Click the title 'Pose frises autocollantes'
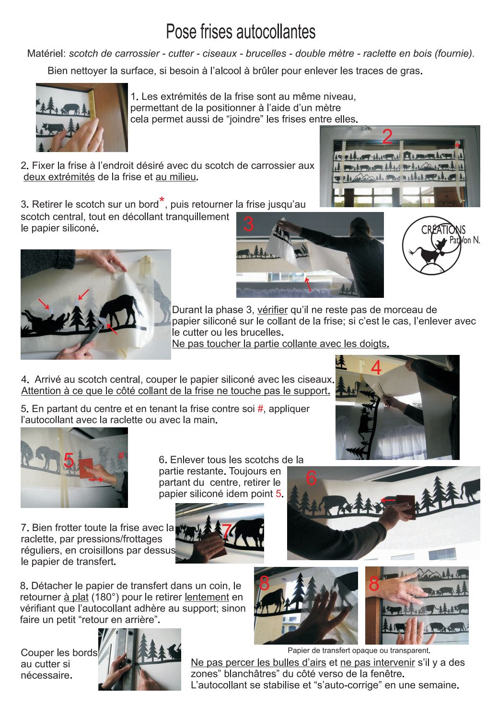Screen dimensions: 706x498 pos(241,32)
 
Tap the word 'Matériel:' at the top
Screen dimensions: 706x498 pos(46,54)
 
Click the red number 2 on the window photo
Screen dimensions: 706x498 pos(387,137)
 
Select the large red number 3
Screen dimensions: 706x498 pos(248,224)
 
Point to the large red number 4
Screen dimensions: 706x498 pos(376,368)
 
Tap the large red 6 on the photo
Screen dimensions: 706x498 pos(311,478)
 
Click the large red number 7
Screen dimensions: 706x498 pos(227,531)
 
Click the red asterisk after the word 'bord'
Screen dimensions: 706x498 pos(162,200)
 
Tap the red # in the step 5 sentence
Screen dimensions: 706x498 pos(260,409)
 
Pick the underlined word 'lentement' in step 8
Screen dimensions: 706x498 pos(207,597)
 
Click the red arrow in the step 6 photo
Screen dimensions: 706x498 pos(388,500)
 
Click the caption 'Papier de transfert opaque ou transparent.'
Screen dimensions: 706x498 pos(359,650)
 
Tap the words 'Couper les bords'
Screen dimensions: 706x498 pos(59,653)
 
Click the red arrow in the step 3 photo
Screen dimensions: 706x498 pos(307,283)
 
